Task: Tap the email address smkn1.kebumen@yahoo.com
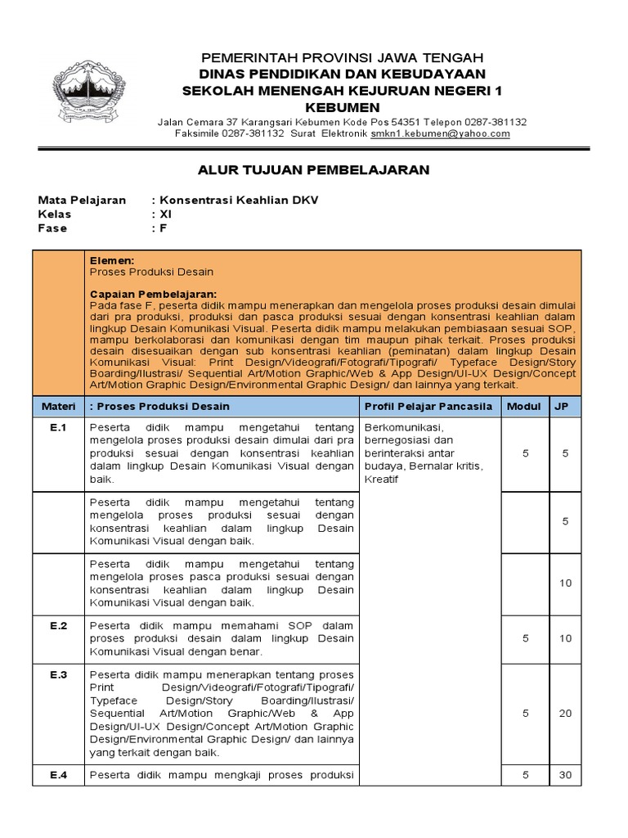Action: coord(440,133)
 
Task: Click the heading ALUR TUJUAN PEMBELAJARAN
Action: coord(314,169)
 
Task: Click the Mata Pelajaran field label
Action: coord(83,200)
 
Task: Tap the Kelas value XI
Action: coord(167,214)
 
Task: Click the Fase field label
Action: coord(52,228)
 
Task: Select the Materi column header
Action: coord(58,406)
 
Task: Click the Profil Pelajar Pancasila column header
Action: coord(428,406)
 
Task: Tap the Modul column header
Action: coord(524,406)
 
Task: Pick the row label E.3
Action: coord(58,674)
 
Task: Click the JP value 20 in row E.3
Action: coord(566,714)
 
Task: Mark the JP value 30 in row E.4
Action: coord(566,775)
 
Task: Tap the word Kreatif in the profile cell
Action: coord(381,479)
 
